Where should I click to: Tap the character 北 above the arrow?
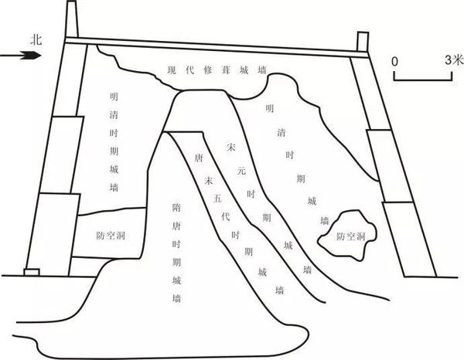30,37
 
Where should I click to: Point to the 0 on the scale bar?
395,59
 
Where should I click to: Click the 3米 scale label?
452,59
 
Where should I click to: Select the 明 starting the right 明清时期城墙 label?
268,109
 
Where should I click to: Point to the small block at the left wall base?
32,271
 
